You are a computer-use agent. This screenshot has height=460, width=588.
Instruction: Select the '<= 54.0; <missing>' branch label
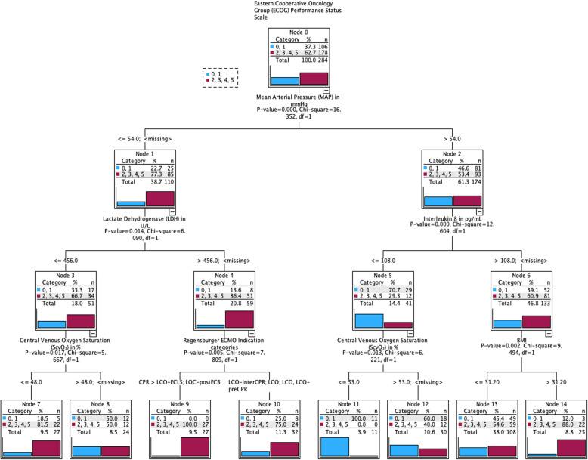(x=149, y=139)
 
